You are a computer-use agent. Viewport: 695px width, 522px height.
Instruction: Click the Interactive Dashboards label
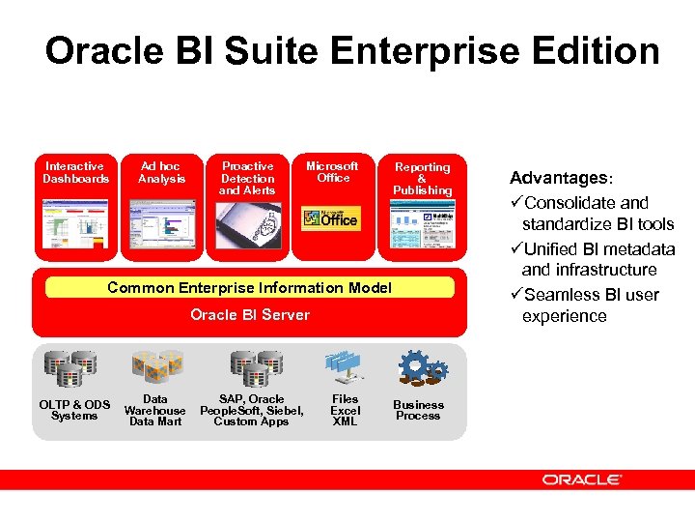tap(75, 172)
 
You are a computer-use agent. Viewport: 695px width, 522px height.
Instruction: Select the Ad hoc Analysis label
tap(160, 172)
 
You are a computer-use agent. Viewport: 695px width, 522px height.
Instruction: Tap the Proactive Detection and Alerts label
tap(248, 178)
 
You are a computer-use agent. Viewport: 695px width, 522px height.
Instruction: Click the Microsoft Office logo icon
tap(331, 218)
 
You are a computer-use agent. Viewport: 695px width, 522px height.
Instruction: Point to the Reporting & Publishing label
tap(422, 179)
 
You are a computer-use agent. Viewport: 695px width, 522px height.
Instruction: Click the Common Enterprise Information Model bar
tap(249, 287)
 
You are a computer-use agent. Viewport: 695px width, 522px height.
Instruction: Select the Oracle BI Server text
tap(250, 314)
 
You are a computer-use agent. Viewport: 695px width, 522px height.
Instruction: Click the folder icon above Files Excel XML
tap(345, 365)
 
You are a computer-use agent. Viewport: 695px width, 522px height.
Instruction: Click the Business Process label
tap(418, 410)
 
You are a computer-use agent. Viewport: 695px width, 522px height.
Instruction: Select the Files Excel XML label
tap(345, 410)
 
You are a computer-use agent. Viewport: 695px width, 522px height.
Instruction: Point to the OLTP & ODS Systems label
tap(74, 410)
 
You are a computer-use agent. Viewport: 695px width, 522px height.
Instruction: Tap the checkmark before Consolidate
tap(516, 203)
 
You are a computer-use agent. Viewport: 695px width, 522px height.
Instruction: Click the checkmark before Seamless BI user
tap(516, 294)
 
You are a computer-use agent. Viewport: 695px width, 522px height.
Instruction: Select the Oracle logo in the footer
tap(582, 479)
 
